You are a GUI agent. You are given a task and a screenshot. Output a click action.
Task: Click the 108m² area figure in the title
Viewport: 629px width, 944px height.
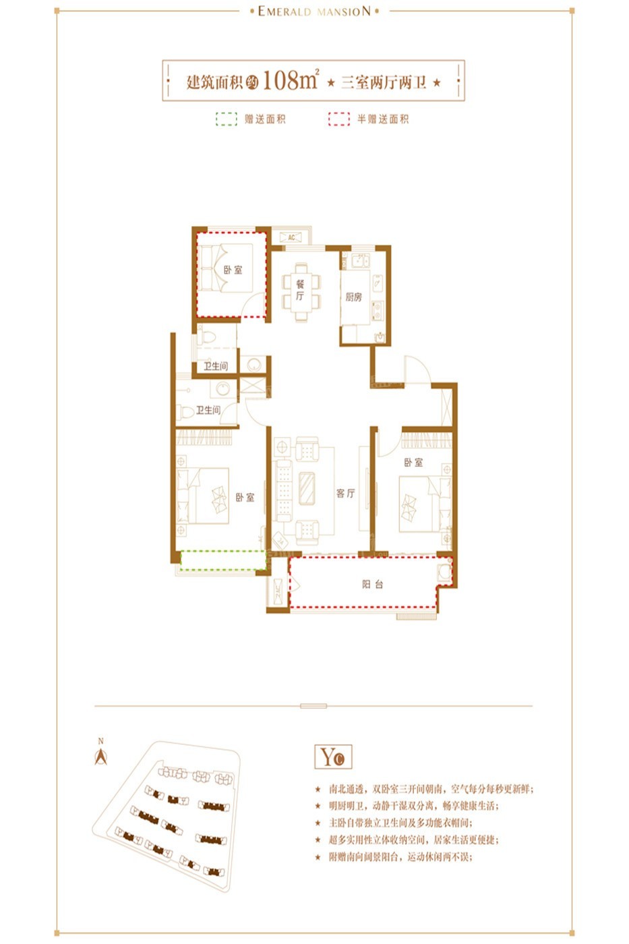coord(290,80)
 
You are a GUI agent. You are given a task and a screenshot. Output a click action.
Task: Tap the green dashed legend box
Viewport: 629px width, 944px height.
coord(226,119)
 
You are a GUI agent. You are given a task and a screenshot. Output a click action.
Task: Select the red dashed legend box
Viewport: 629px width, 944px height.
coord(338,119)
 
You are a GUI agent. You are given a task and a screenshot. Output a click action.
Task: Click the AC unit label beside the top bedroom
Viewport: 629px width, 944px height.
coord(291,237)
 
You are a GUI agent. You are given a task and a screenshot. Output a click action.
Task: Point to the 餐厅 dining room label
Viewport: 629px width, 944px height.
coord(300,290)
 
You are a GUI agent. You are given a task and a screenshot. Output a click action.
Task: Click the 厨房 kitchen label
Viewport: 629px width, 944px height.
coord(354,297)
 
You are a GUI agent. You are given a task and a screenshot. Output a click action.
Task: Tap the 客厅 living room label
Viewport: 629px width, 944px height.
coord(345,494)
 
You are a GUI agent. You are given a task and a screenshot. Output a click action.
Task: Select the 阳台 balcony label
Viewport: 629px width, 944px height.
coord(372,585)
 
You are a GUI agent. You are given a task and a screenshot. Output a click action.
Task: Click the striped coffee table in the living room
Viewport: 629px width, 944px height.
coord(307,488)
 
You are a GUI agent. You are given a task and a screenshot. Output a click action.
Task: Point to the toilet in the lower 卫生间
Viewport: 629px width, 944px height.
coord(185,411)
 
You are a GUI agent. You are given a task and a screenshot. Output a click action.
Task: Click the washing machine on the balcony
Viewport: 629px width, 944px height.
coord(444,572)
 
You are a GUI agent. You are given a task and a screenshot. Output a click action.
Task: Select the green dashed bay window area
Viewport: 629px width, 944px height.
coord(222,560)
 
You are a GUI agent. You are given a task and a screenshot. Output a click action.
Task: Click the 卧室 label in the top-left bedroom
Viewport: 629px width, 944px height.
coord(233,270)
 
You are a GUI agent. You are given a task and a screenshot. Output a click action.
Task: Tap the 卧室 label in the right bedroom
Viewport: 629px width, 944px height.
coord(413,463)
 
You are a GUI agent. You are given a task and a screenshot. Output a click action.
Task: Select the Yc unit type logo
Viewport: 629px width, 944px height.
coord(333,757)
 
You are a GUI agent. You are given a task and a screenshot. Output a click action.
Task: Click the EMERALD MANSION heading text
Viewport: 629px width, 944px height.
coord(314,11)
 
